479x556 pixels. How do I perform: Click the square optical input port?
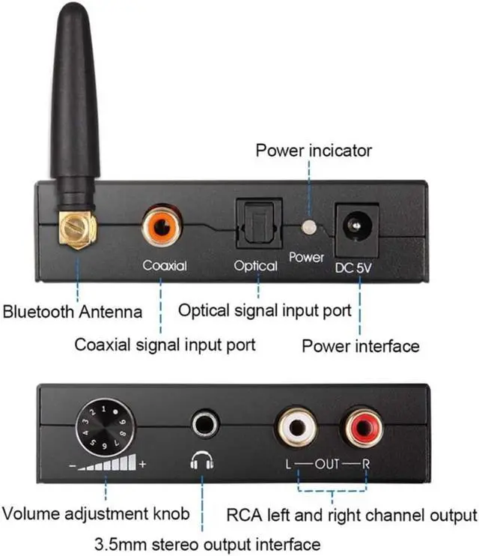point(258,223)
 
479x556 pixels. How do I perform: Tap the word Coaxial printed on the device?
point(165,266)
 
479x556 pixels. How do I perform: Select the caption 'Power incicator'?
point(314,151)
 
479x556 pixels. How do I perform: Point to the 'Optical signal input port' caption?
point(264,310)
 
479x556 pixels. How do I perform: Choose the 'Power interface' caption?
point(360,346)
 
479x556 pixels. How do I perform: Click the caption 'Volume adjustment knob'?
point(95,514)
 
